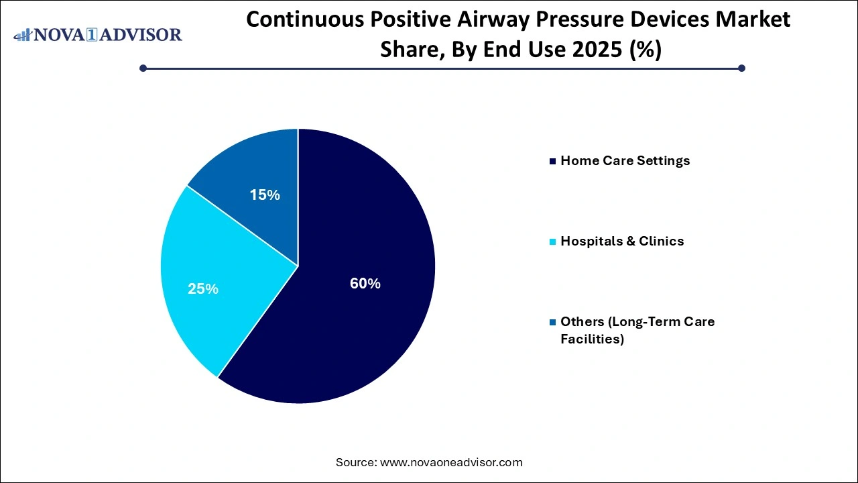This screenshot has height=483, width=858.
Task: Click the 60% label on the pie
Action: click(x=365, y=284)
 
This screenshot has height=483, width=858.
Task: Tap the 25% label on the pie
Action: click(x=202, y=289)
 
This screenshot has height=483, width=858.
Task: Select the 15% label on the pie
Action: click(x=264, y=195)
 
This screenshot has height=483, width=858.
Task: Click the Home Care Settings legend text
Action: click(x=625, y=161)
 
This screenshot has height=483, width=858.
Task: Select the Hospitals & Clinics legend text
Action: click(x=622, y=241)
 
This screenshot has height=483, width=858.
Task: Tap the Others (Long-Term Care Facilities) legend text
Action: click(x=637, y=330)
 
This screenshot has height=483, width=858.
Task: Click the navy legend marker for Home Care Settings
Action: click(x=552, y=162)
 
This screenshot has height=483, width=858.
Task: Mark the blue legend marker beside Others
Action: click(x=552, y=322)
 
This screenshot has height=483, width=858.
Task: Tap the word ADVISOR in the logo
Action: click(x=142, y=35)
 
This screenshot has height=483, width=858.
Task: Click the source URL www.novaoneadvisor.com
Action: click(x=451, y=462)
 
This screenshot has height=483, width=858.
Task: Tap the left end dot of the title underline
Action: click(x=143, y=68)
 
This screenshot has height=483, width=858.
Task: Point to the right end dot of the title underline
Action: click(x=741, y=68)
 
